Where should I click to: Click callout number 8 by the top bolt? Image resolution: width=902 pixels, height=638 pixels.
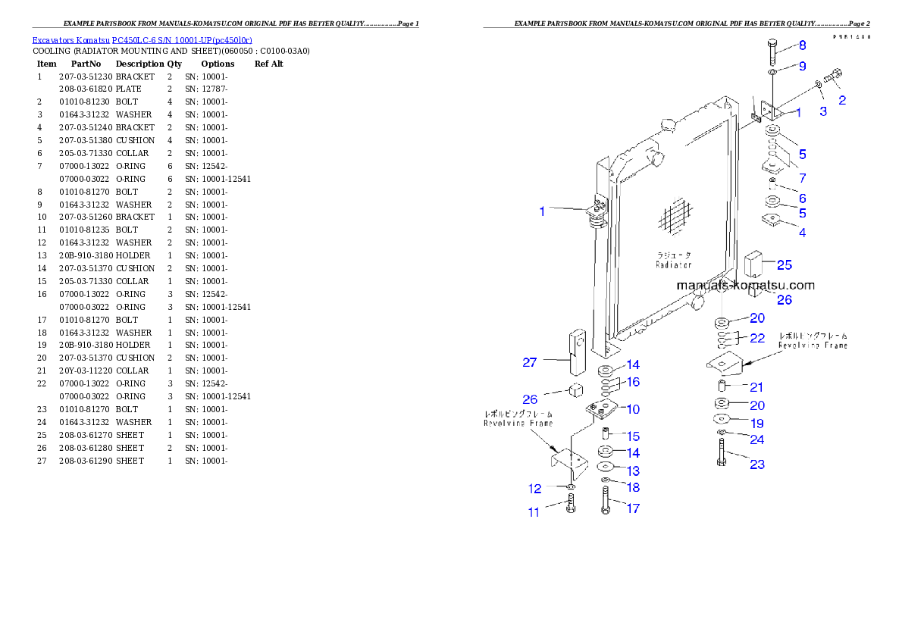[x=802, y=45]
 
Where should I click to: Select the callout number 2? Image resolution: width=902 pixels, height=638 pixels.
[x=841, y=99]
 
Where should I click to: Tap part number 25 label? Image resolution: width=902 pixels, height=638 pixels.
[x=784, y=264]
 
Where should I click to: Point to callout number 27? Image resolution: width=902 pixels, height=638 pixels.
[x=529, y=362]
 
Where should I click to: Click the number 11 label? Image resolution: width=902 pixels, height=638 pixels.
[x=534, y=512]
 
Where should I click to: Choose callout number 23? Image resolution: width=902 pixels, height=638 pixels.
[x=756, y=464]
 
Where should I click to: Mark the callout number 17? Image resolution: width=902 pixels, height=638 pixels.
[x=632, y=508]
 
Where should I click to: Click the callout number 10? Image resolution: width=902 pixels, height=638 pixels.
[x=632, y=409]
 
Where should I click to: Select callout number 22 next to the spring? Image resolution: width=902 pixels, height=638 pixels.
[x=756, y=337]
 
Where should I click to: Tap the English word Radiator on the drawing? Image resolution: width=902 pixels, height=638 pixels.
[x=674, y=265]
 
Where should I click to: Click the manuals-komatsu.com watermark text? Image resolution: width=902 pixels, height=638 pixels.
[x=745, y=286]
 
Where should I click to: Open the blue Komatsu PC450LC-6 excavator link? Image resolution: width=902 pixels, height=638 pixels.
[x=142, y=39]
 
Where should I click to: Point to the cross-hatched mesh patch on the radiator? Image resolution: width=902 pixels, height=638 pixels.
[x=672, y=219]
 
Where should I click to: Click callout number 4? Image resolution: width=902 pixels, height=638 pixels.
[x=802, y=233]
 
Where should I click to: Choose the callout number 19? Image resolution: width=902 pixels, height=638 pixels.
[x=756, y=424]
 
